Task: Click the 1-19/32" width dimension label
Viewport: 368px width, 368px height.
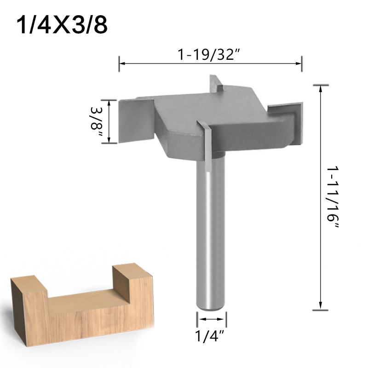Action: click(x=210, y=56)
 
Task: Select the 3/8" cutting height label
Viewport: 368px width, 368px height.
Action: click(x=97, y=122)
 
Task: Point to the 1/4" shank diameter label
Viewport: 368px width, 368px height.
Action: click(x=211, y=337)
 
